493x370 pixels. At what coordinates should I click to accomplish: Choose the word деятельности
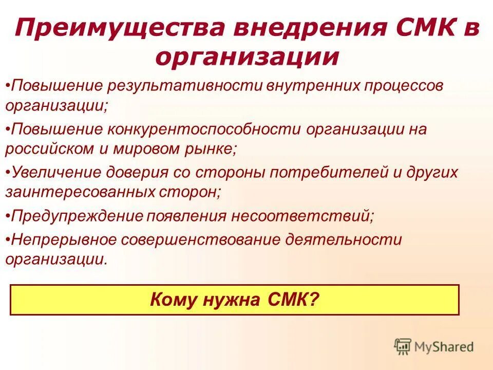[x=344, y=239]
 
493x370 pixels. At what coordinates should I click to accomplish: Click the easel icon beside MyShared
[x=403, y=347]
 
